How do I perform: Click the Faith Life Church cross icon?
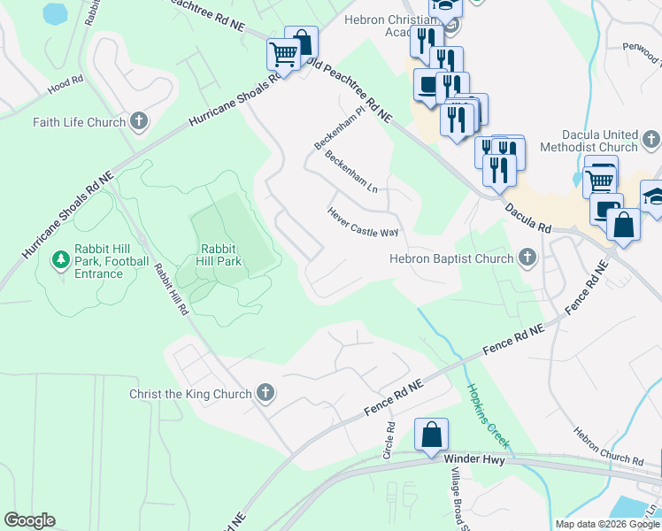point(138,120)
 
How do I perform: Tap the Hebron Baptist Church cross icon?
point(527,258)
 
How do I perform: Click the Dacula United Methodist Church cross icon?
point(651,139)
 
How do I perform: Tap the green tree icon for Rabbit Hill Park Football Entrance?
point(60,260)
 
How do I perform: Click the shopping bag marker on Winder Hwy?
point(432,435)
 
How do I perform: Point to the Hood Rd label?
point(65,85)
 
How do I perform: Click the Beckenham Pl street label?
point(339,130)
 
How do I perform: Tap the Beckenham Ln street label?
point(351,173)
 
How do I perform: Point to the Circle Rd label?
point(389,440)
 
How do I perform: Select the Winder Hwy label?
point(481,459)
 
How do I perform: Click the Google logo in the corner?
point(29,520)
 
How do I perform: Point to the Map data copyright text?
point(608,524)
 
